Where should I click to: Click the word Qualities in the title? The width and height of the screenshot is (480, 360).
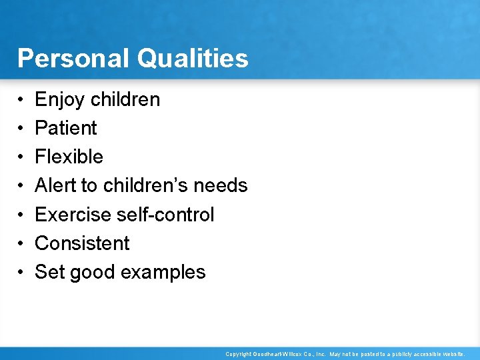193,59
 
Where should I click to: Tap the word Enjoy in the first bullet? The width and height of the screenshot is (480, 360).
59,100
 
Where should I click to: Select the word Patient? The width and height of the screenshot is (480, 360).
66,128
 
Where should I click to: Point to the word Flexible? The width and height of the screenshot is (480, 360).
69,157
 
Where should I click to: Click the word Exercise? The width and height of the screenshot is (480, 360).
73,215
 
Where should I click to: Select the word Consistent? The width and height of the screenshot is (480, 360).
82,243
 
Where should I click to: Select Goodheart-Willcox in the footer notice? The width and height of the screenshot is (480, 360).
275,354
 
